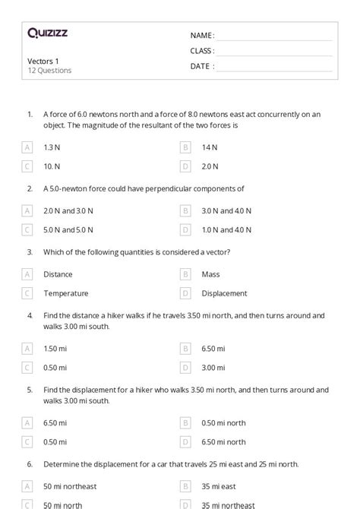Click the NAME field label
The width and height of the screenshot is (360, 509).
pos(202,35)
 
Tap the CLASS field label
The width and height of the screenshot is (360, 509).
pos(202,51)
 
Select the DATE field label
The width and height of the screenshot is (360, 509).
pos(202,66)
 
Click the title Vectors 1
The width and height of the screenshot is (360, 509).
pos(43,61)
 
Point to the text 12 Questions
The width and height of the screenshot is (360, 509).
pos(49,71)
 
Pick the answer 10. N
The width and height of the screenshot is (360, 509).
pos(52,166)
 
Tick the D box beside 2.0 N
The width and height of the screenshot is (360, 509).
pos(185,166)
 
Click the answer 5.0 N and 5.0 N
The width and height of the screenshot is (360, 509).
pos(68,229)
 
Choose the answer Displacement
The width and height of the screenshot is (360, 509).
pos(225,293)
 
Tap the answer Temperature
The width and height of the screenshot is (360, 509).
pos(66,293)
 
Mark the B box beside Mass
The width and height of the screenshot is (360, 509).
pos(185,274)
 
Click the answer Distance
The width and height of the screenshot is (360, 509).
pos(58,274)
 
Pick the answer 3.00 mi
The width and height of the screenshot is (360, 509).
pos(213,367)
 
